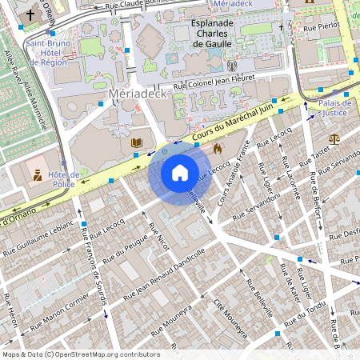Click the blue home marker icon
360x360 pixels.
click(x=179, y=172)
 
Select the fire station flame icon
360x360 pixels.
click(x=217, y=148)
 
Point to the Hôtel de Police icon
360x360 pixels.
click(x=37, y=174)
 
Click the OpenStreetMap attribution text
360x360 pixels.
click(x=80, y=354)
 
